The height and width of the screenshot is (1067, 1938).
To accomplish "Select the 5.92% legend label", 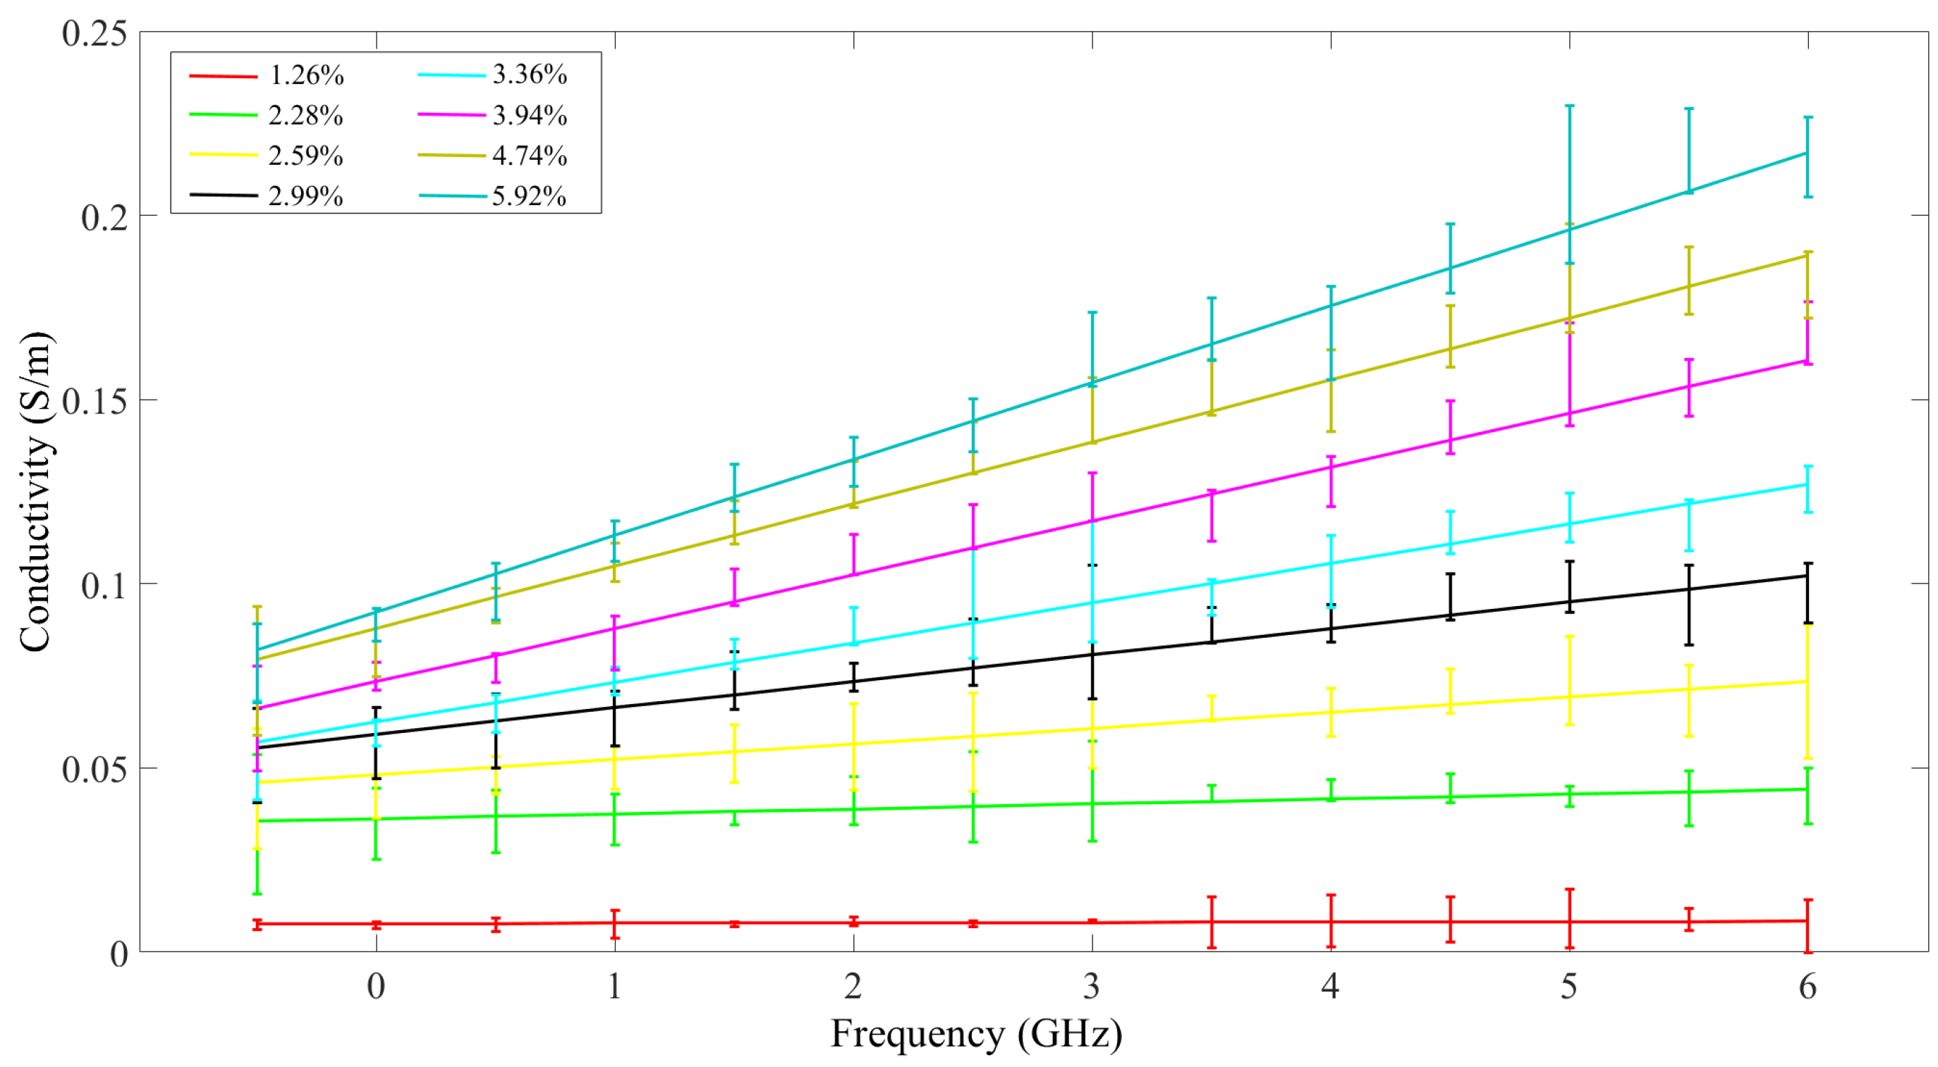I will tap(529, 196).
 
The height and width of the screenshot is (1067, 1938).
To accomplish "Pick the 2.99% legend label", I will tap(305, 196).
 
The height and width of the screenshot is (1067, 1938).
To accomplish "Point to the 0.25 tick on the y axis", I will tap(94, 33).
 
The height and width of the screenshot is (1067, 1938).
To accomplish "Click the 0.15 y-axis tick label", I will tap(94, 401).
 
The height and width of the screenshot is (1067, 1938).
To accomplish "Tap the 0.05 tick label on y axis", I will tap(94, 769).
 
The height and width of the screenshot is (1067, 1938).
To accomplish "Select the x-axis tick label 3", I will tap(1092, 987).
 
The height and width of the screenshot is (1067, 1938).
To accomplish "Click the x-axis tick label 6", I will tap(1807, 987).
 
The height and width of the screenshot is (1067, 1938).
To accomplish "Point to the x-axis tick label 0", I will tap(376, 987).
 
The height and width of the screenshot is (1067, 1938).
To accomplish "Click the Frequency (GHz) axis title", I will tap(976, 1034).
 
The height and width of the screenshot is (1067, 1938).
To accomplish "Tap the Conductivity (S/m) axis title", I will tap(35, 492).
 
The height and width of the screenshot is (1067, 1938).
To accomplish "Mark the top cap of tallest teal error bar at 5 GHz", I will tap(1569, 106).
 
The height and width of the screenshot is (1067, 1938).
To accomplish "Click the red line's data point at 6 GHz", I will tap(1807, 921).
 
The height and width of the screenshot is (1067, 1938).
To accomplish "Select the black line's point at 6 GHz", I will tap(1807, 576).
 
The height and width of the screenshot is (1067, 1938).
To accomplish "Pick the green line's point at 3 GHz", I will tap(1092, 804).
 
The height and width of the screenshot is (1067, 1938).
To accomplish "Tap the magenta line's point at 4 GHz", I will tap(1331, 468).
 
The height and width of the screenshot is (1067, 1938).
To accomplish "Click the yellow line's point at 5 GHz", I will tap(1569, 697).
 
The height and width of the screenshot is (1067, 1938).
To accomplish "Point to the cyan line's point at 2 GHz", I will tap(853, 643).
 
